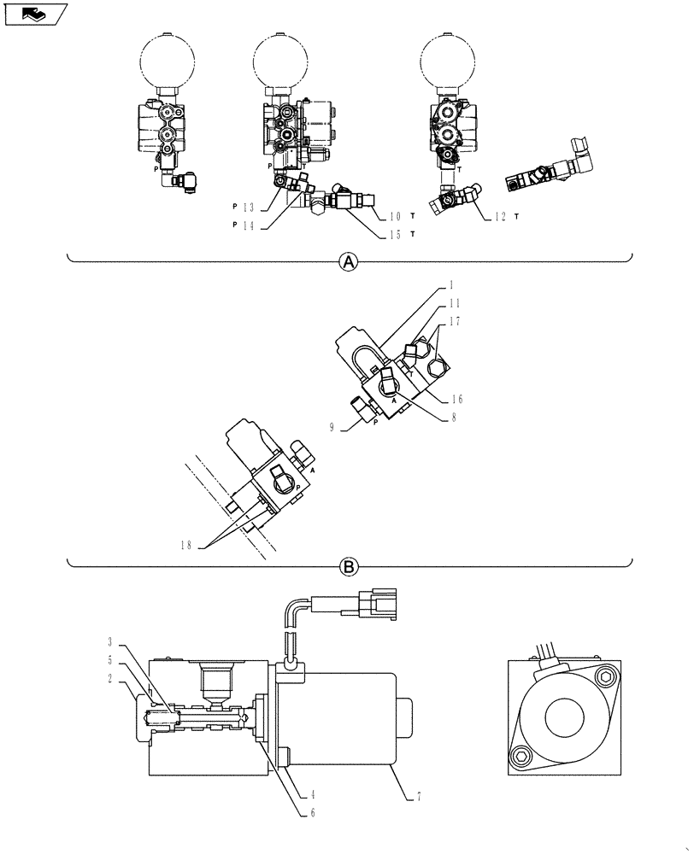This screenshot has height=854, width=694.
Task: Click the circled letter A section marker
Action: (x=349, y=263)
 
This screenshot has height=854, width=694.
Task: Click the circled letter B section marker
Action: (x=349, y=565)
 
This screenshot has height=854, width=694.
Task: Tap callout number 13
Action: (x=248, y=207)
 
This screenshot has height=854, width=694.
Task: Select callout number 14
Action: (x=248, y=225)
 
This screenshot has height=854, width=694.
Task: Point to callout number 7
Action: (x=418, y=796)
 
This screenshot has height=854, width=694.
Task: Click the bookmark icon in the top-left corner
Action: (x=34, y=13)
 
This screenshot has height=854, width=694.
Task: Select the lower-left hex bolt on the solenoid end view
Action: (x=520, y=754)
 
